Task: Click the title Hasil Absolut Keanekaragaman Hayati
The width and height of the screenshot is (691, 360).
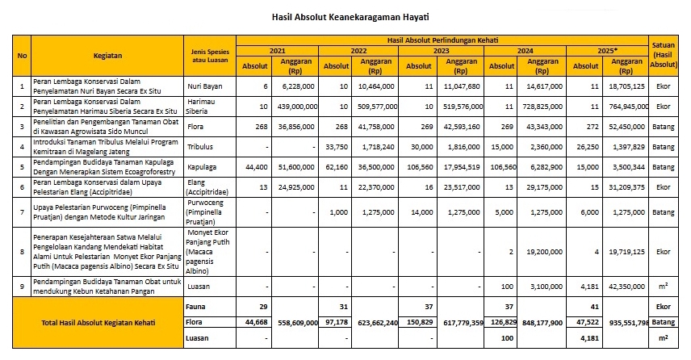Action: click(x=345, y=16)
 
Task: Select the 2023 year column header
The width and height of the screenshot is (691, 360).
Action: click(x=442, y=50)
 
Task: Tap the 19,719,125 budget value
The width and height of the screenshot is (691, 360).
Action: click(x=626, y=251)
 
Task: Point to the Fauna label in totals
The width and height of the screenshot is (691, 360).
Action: click(x=196, y=307)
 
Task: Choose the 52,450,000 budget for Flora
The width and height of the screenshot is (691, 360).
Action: click(x=626, y=126)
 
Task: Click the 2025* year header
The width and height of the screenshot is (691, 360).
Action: click(x=607, y=50)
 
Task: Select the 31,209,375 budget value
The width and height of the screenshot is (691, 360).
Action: click(x=626, y=189)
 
